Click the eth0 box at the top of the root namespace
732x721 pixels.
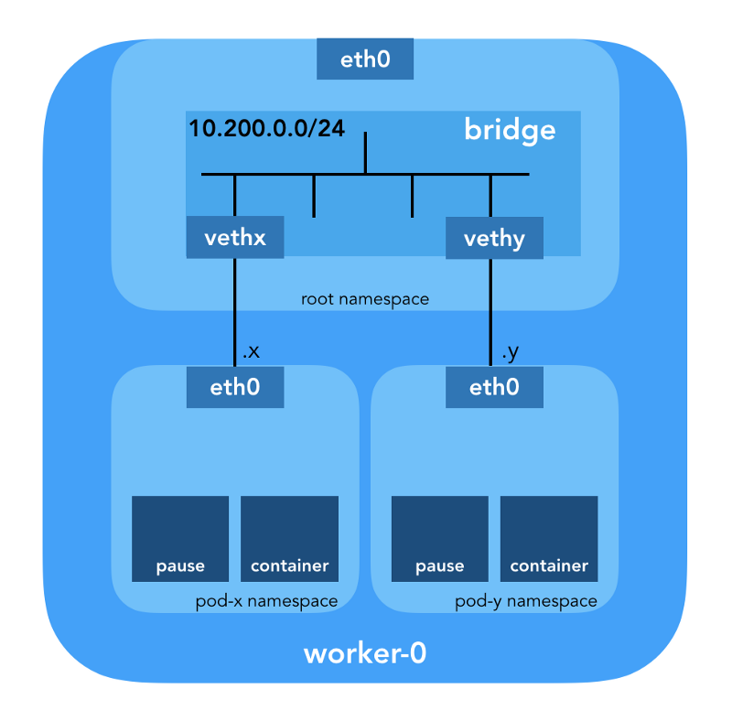365,60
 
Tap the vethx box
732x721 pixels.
235,239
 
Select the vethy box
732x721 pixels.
494,239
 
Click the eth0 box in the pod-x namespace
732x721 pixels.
235,387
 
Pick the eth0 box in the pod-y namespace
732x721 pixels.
494,387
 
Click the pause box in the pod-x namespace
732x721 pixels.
180,539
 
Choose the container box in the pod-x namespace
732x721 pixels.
289,539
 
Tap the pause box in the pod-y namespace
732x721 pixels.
439,539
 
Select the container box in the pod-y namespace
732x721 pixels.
549,539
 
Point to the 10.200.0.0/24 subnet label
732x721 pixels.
266,128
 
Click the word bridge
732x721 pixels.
510,130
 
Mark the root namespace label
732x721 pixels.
365,299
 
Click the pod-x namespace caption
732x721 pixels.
266,601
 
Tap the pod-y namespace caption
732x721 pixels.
526,601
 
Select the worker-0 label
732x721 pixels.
365,654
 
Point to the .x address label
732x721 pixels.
251,351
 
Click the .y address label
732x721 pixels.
510,351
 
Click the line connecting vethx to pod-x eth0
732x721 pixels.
235,311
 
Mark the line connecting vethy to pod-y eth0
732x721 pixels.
491,311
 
